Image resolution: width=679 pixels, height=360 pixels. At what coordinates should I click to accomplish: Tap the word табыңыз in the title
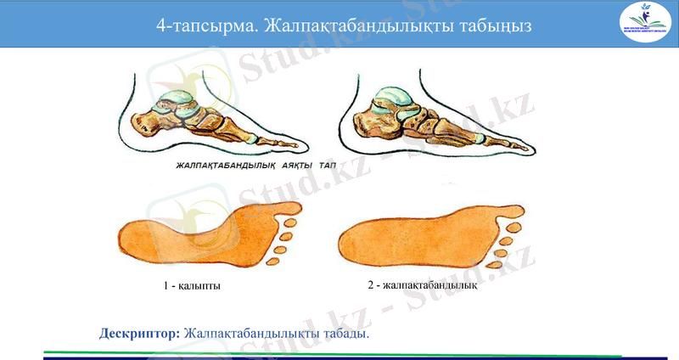(494, 25)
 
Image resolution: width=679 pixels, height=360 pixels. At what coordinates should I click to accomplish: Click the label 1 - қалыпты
(193, 286)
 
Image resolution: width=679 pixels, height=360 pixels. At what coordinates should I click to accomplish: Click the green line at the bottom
(339, 352)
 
